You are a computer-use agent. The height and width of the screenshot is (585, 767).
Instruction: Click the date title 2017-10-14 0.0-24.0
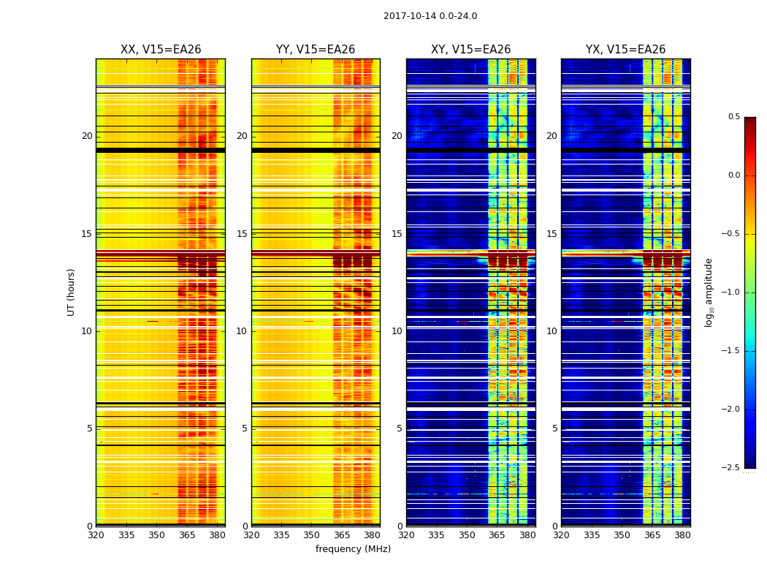coord(430,16)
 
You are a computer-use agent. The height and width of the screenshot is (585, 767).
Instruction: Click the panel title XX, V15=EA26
coord(161,50)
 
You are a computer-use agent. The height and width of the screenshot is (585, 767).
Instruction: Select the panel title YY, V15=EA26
coord(316,50)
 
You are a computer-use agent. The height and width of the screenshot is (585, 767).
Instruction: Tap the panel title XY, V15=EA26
coord(470,50)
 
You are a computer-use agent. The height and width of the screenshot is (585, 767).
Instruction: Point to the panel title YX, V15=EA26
coord(625,50)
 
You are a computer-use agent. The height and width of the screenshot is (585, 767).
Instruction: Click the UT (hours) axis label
coord(72,292)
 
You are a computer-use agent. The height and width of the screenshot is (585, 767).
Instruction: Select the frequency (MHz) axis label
coord(353,549)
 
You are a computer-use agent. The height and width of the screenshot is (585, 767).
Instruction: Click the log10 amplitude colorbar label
coord(709,292)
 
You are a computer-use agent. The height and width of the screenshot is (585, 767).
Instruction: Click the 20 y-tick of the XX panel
coord(87,136)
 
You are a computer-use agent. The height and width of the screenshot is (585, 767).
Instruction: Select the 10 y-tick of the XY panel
coord(397,331)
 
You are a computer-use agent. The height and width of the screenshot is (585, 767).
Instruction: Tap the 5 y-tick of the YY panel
coord(245,429)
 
